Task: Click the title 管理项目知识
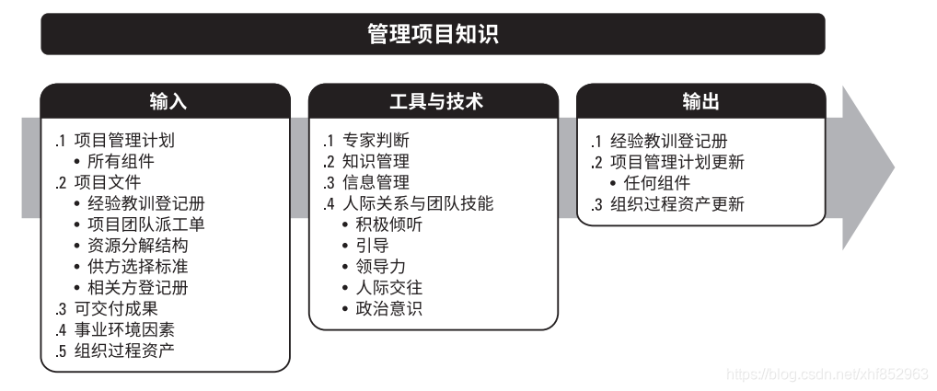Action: pyautogui.click(x=433, y=35)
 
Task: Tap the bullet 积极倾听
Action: pyautogui.click(x=389, y=225)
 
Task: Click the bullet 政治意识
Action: pyautogui.click(x=389, y=309)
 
